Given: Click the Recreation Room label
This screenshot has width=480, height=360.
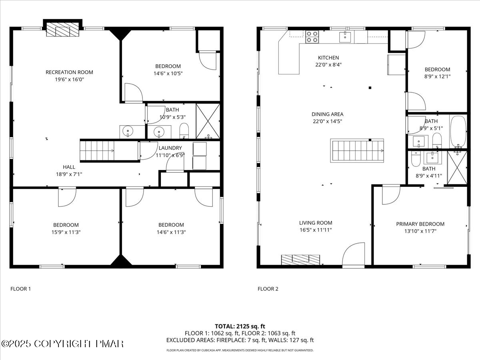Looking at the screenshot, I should [69, 72].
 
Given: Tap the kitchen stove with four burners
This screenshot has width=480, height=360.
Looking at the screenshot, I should [312, 37].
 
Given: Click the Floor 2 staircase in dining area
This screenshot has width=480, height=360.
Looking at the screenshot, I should [357, 150].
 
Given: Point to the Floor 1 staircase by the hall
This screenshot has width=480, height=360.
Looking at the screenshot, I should [98, 151].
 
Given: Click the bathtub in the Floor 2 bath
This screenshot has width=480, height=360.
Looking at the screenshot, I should [458, 132].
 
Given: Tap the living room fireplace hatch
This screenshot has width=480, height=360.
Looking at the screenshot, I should [301, 260].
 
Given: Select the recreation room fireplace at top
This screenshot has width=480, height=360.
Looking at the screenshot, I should [62, 29].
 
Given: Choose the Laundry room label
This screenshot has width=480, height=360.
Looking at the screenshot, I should [170, 148].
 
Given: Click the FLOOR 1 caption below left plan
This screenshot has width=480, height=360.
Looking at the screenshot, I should [20, 288].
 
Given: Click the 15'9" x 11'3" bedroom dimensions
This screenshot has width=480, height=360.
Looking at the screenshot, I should [66, 232].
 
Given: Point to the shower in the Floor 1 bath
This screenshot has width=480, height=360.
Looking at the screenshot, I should [208, 121].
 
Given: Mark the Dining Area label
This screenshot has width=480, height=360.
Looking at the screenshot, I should [328, 114].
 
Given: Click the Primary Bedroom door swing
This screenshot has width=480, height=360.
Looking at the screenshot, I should [390, 195].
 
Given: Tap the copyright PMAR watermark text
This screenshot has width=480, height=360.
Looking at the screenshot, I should [62, 344].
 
